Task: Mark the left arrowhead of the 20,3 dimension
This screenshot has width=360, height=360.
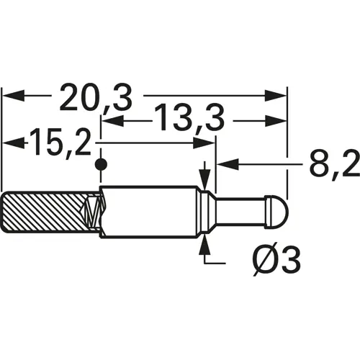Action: click(x=14, y=94)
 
